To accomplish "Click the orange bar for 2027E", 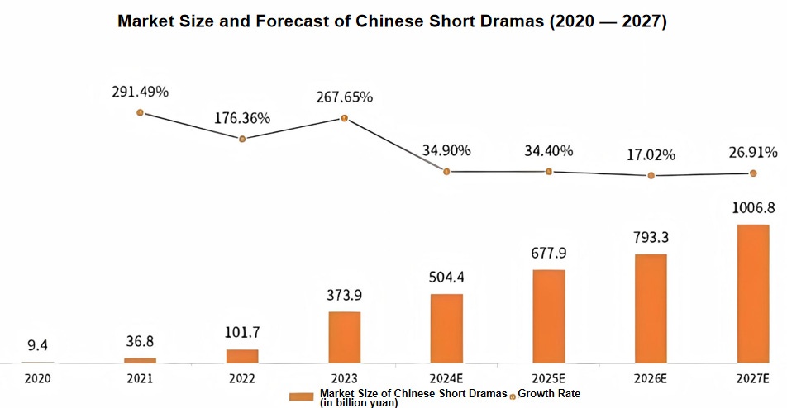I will pyautogui.click(x=753, y=293).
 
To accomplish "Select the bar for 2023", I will pyautogui.click(x=344, y=337).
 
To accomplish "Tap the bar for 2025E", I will pyautogui.click(x=549, y=316).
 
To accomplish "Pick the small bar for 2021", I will pyautogui.click(x=140, y=360).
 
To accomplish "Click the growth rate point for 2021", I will pyautogui.click(x=140, y=112).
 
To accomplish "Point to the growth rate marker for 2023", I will pyautogui.click(x=344, y=118).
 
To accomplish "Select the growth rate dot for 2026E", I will pyautogui.click(x=651, y=175).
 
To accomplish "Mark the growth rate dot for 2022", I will pyautogui.click(x=242, y=139).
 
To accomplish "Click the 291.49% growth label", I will pyautogui.click(x=140, y=92).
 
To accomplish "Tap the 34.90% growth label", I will pyautogui.click(x=446, y=150).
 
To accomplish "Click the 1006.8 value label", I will pyautogui.click(x=753, y=210).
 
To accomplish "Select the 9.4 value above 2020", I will pyautogui.click(x=38, y=346).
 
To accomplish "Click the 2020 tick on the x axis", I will pyautogui.click(x=38, y=378).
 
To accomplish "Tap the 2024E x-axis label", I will pyautogui.click(x=446, y=378).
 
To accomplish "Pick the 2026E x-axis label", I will pyautogui.click(x=651, y=378).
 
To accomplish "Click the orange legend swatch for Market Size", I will pyautogui.click(x=302, y=397).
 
